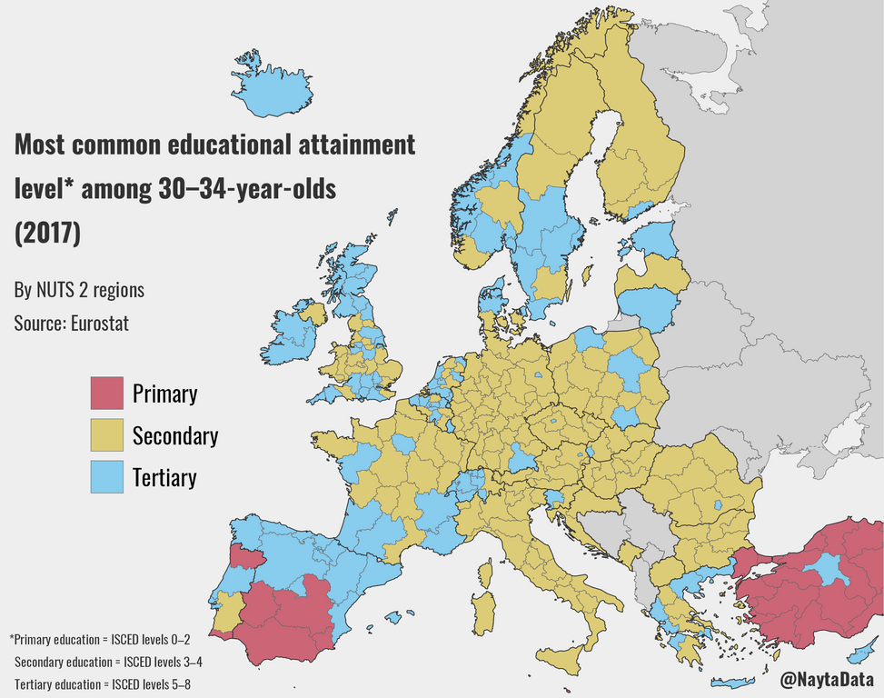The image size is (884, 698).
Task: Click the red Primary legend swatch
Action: [x=106, y=394]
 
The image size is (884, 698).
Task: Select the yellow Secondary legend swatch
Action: [x=106, y=435]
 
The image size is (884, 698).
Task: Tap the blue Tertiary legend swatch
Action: [x=106, y=477]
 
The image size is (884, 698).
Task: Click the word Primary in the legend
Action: [x=164, y=394]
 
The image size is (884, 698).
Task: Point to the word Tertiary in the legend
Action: [x=164, y=477]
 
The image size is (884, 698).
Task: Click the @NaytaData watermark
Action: [x=828, y=678]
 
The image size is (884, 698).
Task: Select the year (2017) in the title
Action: [x=47, y=232]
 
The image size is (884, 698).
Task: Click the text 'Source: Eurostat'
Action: [x=71, y=323]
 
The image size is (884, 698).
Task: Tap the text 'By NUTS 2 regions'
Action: [x=79, y=291]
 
